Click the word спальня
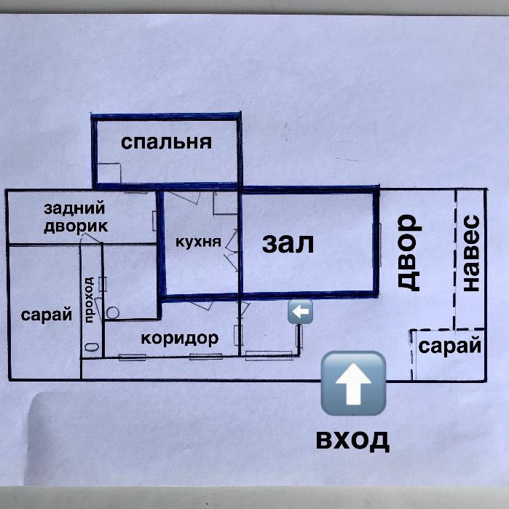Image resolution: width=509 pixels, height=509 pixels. [x=166, y=141]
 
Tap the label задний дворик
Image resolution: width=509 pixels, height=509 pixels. [x=75, y=217]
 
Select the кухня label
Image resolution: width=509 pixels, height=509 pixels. [x=198, y=242]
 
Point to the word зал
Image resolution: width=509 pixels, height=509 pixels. [x=288, y=243]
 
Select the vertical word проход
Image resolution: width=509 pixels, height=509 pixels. [x=90, y=299]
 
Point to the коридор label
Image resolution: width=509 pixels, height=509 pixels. [x=180, y=338]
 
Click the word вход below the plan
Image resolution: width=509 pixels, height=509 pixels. [x=352, y=440]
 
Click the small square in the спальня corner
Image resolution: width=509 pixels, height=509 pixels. [x=108, y=173]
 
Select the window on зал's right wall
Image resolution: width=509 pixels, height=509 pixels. [x=379, y=244]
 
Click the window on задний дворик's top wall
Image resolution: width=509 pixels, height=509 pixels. [x=134, y=191]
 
